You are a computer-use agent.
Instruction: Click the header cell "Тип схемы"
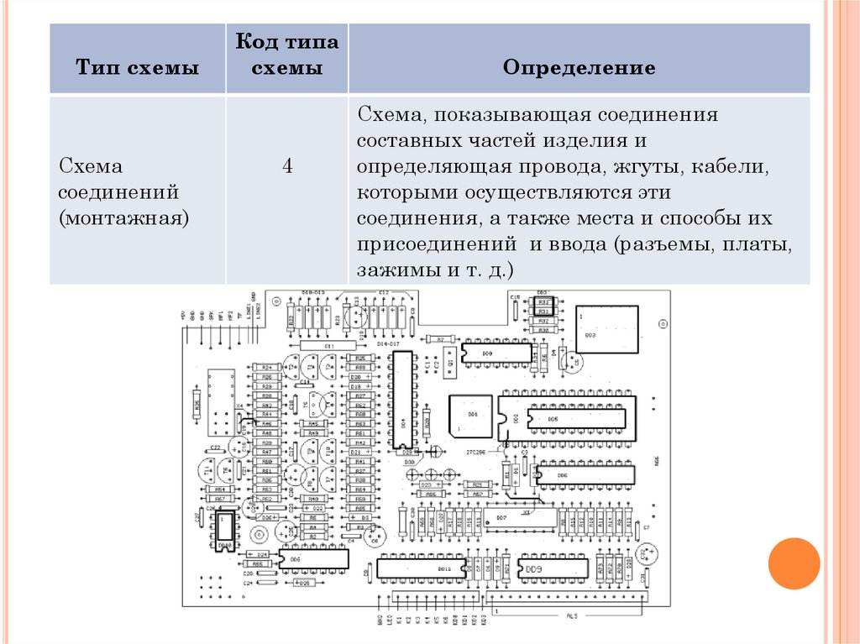138,68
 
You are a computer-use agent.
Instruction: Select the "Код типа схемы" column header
286,55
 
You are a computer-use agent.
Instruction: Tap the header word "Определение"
579,68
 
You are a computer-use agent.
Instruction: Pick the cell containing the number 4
287,165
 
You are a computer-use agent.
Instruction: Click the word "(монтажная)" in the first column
123,219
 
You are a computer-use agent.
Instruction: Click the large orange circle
793,563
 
